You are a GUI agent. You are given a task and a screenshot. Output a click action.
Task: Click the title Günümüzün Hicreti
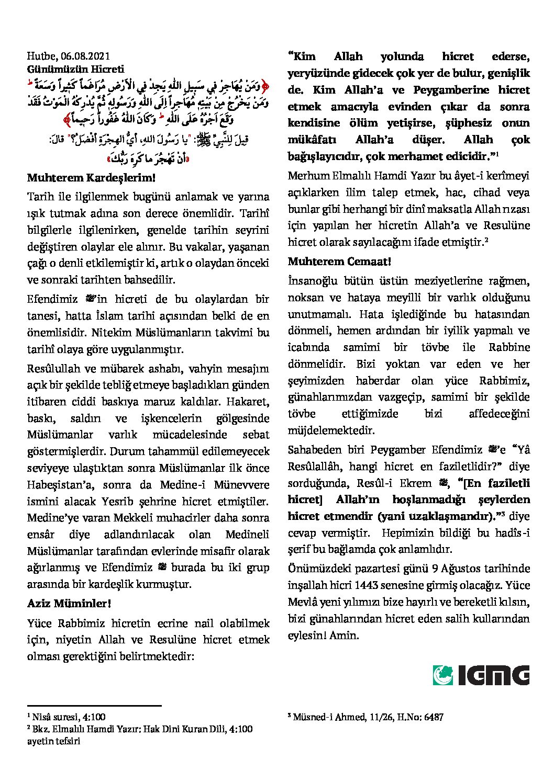[x=75, y=69]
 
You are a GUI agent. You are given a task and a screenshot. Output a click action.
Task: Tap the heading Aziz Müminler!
[x=69, y=604]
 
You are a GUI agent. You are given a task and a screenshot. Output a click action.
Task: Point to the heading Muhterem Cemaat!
[x=339, y=261]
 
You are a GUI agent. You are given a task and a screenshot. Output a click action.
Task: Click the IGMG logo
[x=481, y=675]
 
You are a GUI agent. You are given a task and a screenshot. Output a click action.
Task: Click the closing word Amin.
[x=345, y=636]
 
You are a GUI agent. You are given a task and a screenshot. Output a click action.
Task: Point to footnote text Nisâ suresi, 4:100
[x=69, y=717]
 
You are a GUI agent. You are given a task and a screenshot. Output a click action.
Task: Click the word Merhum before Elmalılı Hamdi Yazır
[x=308, y=176]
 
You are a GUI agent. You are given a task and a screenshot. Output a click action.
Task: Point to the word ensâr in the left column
[x=41, y=535]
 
